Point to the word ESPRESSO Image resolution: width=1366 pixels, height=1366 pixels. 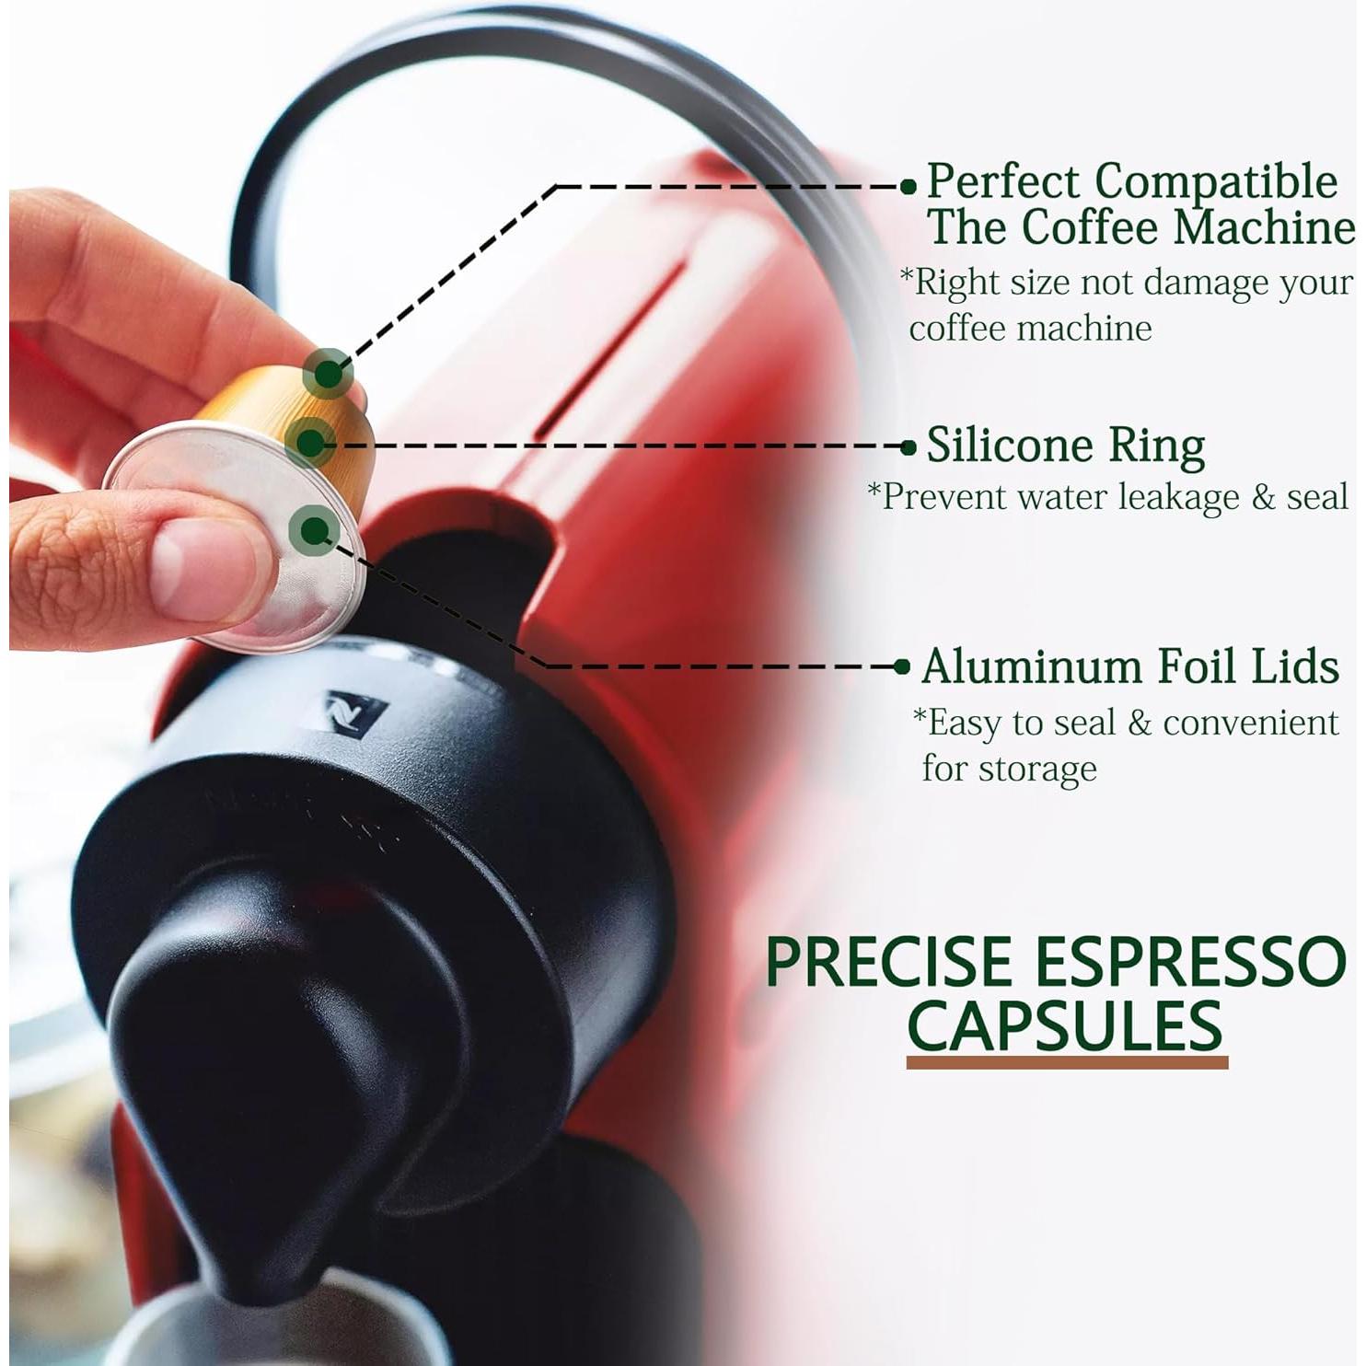(1190, 963)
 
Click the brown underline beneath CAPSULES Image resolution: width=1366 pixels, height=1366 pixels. (1067, 1063)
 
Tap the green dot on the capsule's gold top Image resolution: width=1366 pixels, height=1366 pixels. (328, 374)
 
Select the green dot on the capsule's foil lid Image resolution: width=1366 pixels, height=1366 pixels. (314, 529)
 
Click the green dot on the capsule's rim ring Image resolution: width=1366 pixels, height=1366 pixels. (310, 444)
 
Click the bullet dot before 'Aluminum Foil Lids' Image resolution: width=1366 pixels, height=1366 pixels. (903, 667)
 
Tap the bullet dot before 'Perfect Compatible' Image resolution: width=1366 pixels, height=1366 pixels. (909, 187)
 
